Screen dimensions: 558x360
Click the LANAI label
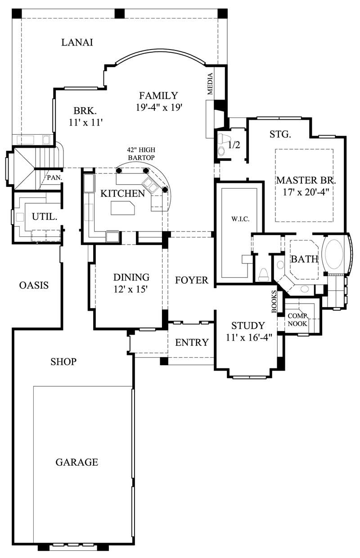coord(77,42)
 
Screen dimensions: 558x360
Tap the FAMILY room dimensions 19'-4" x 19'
coord(158,107)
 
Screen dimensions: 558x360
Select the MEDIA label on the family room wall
coord(210,84)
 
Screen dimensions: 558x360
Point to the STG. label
coord(280,134)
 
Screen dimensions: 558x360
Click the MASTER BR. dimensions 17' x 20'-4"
coord(306,191)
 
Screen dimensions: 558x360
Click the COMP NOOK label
coord(297,320)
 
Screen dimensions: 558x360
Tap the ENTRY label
coord(192,342)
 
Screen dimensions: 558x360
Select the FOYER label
coord(192,280)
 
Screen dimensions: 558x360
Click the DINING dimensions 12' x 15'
coord(131,289)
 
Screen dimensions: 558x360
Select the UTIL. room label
coord(45,217)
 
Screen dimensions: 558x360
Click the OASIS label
coord(34,285)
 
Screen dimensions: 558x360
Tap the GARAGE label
coord(77,462)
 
